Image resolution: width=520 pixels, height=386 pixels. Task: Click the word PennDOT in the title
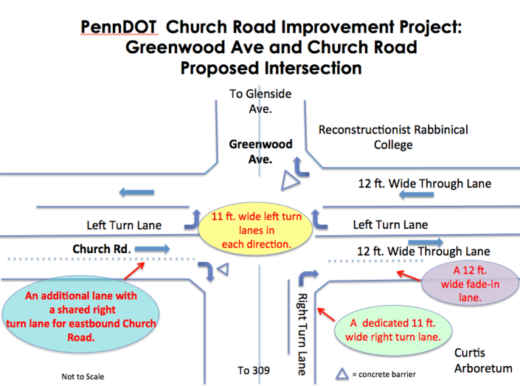pyautogui.click(x=119, y=27)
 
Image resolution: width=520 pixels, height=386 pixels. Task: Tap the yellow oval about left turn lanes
pyautogui.click(x=255, y=230)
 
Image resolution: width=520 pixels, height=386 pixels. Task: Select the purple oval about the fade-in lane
pyautogui.click(x=470, y=283)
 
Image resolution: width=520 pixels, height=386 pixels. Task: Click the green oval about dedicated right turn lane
pyautogui.click(x=393, y=330)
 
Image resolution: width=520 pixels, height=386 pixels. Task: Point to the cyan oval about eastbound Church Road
pyautogui.click(x=80, y=314)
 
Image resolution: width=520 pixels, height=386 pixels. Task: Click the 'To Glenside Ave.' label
pyautogui.click(x=260, y=101)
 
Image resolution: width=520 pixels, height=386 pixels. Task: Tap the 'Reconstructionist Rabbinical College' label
pyautogui.click(x=393, y=137)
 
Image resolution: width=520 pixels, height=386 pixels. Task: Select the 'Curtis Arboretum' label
pyautogui.click(x=483, y=360)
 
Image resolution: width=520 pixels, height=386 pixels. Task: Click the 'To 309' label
pyautogui.click(x=254, y=370)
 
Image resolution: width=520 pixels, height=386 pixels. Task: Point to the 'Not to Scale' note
pyautogui.click(x=83, y=376)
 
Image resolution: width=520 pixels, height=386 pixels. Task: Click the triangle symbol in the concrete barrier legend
pyautogui.click(x=342, y=373)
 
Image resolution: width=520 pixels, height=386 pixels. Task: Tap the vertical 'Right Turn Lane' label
pyautogui.click(x=301, y=334)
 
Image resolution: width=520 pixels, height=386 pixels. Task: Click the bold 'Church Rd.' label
pyautogui.click(x=102, y=249)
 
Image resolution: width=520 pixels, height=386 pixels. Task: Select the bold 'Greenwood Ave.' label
pyautogui.click(x=260, y=152)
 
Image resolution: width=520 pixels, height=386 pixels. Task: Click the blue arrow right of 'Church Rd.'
pyautogui.click(x=152, y=249)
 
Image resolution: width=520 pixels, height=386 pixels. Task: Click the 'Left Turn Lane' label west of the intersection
pyautogui.click(x=124, y=225)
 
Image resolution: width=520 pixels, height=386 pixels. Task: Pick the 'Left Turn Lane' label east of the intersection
pyautogui.click(x=390, y=224)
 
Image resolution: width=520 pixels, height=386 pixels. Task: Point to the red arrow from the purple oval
pyautogui.click(x=409, y=276)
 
